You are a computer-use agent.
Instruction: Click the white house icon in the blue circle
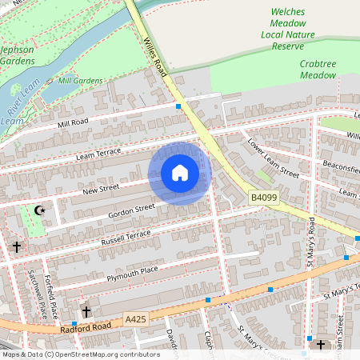(x=180, y=173)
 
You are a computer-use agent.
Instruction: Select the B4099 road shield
(x=263, y=197)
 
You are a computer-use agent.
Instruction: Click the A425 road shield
(x=137, y=319)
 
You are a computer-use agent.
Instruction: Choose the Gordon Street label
(x=131, y=210)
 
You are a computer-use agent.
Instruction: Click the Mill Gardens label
(x=81, y=81)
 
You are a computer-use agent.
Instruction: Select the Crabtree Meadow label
(x=318, y=69)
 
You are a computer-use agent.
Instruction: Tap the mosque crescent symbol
(x=39, y=211)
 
